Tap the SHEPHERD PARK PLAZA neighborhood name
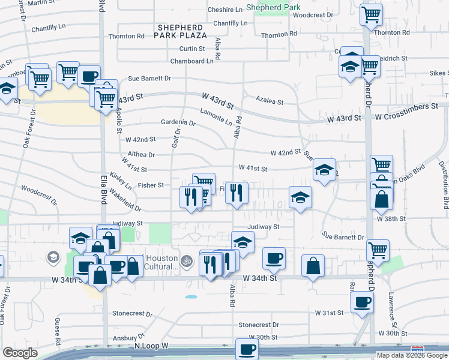click(x=179, y=32)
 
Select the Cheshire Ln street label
click(x=225, y=10)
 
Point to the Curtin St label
click(x=192, y=49)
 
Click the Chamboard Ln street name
click(x=192, y=61)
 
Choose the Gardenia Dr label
click(x=178, y=122)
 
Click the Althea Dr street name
click(x=140, y=154)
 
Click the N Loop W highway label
click(x=152, y=346)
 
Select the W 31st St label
click(x=329, y=313)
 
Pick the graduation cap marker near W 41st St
click(x=324, y=170)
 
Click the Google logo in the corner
click(x=20, y=353)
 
